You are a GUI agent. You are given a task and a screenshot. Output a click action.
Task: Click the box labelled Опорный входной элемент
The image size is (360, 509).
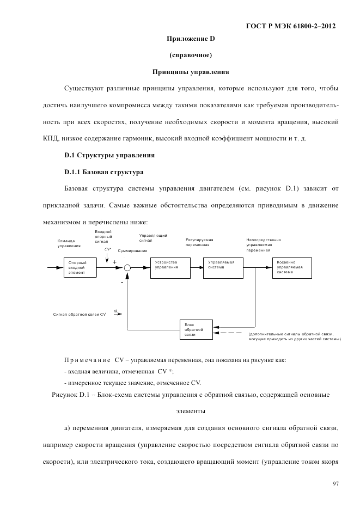pyautogui.click(x=81, y=267)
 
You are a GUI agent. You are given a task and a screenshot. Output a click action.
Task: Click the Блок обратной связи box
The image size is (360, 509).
pyautogui.click(x=197, y=330)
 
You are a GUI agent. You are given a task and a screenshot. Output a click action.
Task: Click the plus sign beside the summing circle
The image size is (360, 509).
pyautogui.click(x=114, y=262)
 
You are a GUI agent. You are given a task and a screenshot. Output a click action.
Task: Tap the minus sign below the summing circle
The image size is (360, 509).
pyautogui.click(x=122, y=283)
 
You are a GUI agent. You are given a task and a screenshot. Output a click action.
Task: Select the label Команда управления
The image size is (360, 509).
pyautogui.click(x=69, y=243)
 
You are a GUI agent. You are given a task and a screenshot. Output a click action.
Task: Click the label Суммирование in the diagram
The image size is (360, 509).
pyautogui.click(x=132, y=250)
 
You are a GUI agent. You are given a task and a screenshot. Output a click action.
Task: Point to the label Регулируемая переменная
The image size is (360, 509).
pyautogui.click(x=199, y=242)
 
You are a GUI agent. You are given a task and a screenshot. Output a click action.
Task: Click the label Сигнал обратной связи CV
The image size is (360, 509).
pyautogui.click(x=79, y=314)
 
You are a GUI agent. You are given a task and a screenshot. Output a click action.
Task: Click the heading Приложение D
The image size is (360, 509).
pyautogui.click(x=191, y=39)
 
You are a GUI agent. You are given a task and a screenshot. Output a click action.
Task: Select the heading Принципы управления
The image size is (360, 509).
pyautogui.click(x=191, y=71)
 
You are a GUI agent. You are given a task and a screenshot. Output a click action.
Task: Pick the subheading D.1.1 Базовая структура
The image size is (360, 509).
pyautogui.click(x=103, y=172)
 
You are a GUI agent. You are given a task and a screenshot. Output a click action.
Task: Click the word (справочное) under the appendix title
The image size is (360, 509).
pyautogui.click(x=191, y=55)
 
